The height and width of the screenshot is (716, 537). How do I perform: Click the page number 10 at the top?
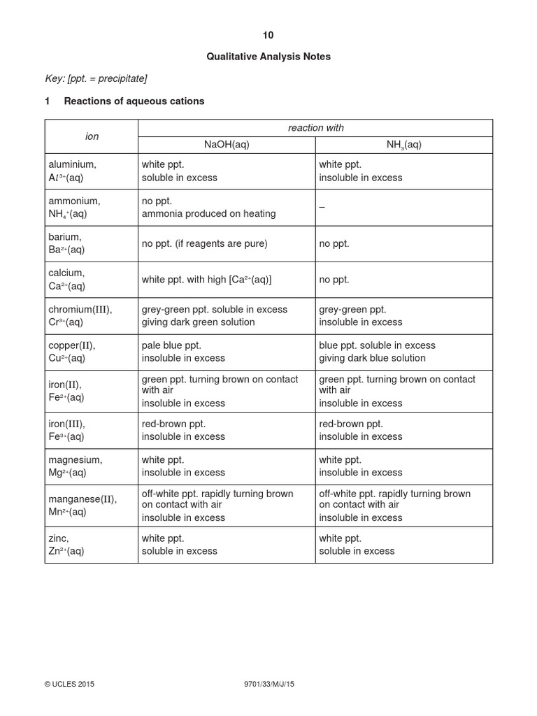(x=268, y=36)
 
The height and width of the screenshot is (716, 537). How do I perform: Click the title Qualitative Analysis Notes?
(x=268, y=57)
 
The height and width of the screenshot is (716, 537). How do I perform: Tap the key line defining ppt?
(x=96, y=78)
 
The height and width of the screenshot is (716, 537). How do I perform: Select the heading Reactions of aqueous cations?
(x=134, y=101)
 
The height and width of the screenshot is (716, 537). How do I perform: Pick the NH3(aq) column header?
(x=403, y=145)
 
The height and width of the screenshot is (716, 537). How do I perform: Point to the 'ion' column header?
(x=92, y=136)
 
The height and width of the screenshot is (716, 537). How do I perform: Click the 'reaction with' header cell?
(x=315, y=128)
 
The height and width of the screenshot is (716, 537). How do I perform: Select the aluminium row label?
(x=73, y=171)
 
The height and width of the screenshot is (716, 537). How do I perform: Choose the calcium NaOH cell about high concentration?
(x=206, y=280)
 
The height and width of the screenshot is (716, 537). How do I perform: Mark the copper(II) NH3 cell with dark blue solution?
(x=377, y=352)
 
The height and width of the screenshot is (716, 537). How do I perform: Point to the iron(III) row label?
(x=68, y=430)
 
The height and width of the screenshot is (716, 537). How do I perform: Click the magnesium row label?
(x=75, y=466)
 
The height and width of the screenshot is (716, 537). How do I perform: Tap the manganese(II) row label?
(x=83, y=506)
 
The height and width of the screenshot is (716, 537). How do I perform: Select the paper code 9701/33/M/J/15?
(x=268, y=685)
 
